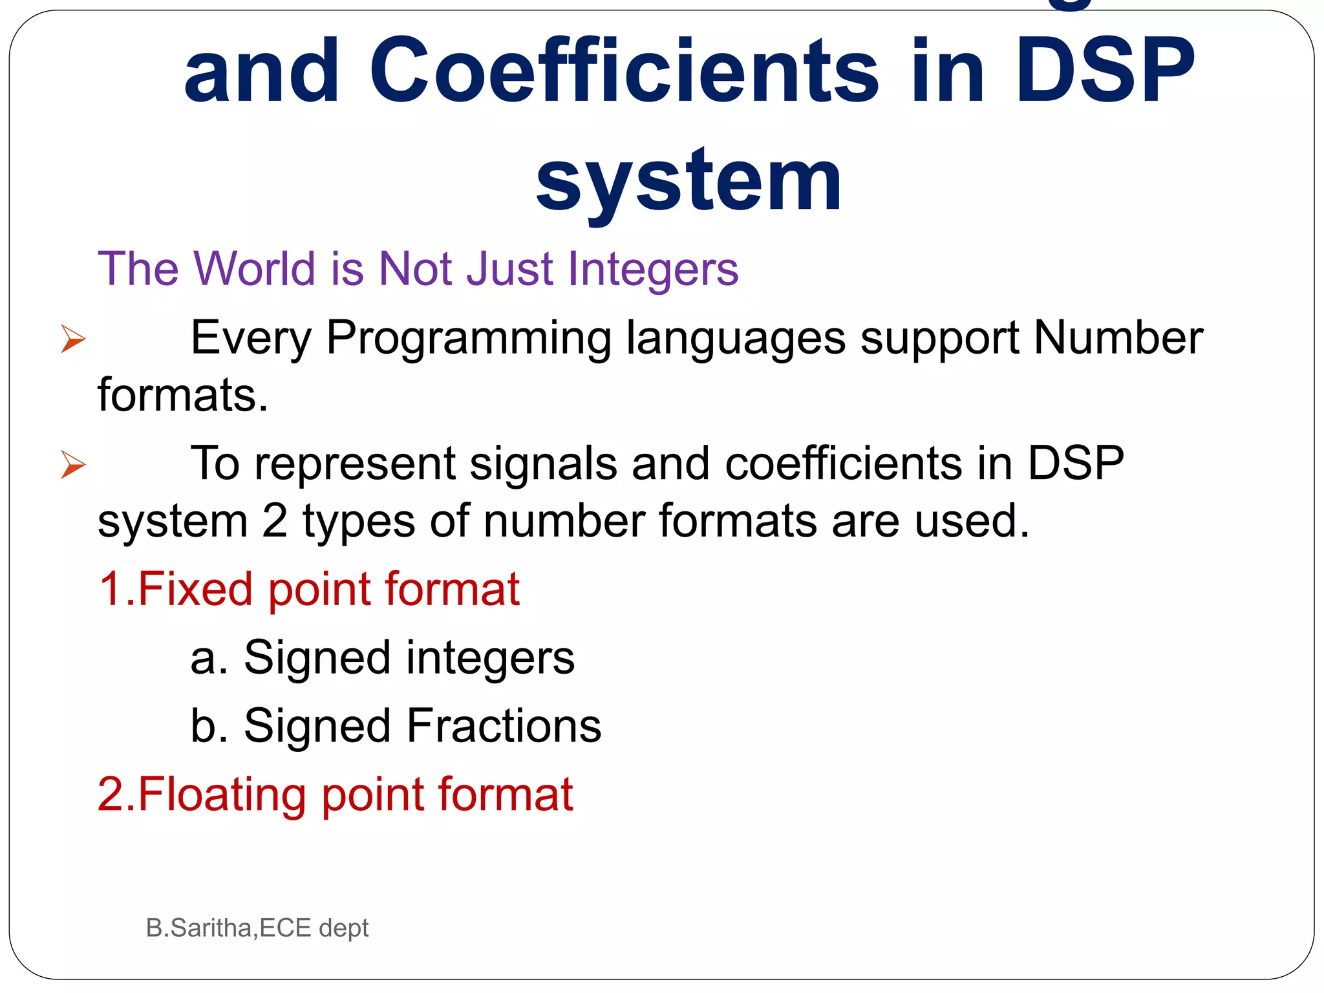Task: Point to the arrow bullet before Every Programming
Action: [x=72, y=339]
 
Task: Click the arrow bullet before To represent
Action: [x=72, y=465]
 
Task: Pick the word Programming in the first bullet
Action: [x=468, y=339]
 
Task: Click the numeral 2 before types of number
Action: [x=275, y=521]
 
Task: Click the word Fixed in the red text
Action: [x=195, y=589]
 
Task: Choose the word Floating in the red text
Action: [x=222, y=795]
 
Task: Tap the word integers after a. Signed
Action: [x=490, y=659]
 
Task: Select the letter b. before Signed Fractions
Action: [x=209, y=726]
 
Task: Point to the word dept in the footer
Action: [x=343, y=929]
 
